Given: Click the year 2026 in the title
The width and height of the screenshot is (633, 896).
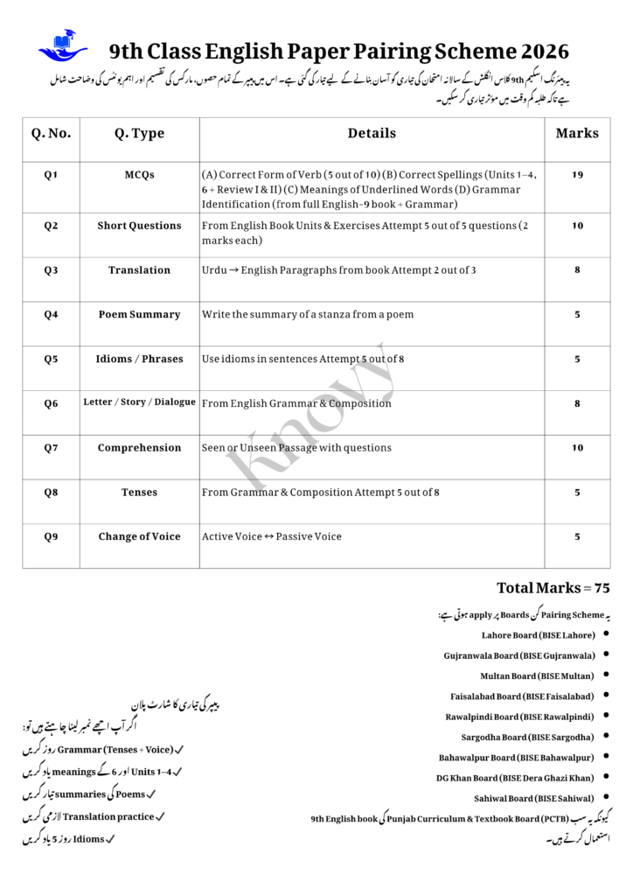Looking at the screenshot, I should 539,52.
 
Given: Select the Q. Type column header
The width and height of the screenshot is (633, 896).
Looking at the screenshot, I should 139,134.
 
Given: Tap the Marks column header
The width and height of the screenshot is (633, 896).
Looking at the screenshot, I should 577,134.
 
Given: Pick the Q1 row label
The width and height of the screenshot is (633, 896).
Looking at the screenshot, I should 51,175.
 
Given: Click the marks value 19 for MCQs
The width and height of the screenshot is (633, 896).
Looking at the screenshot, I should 577,175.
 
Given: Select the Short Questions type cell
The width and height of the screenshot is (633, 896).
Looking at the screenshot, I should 139,226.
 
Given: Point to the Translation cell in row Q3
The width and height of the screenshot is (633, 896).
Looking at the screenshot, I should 139,270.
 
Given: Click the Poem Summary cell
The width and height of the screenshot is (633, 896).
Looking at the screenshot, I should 139,315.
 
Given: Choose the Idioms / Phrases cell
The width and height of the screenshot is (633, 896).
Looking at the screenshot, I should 139,359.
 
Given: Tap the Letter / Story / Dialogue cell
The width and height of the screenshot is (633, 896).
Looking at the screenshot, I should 139,402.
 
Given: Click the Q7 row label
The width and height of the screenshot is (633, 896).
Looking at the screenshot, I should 51,448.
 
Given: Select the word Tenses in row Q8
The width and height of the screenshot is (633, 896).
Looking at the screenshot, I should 139,493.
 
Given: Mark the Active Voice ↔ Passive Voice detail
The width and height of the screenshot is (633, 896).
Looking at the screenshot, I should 271,536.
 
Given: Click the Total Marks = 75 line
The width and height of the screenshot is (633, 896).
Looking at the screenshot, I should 553,588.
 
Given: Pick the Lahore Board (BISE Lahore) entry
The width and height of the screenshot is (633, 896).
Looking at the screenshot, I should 538,635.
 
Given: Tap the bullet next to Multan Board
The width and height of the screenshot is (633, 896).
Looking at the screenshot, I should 606,675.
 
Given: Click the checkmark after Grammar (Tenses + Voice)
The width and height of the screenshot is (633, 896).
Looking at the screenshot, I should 178,750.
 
